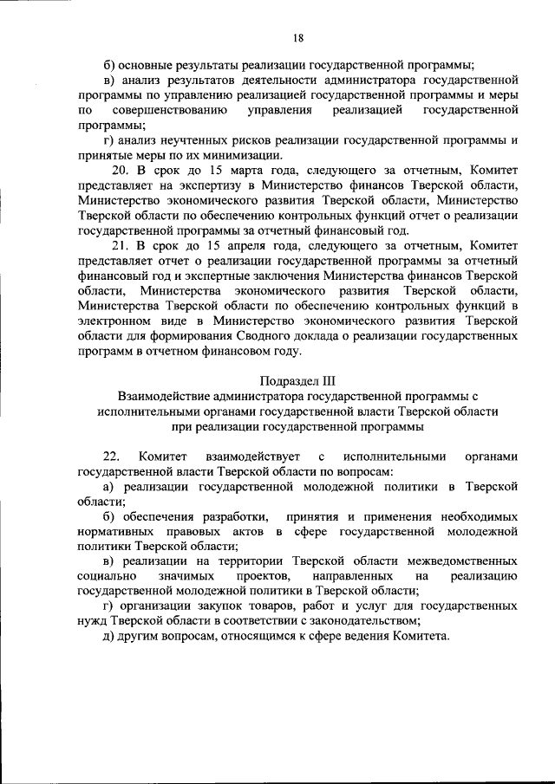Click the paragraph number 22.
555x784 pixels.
tap(111, 457)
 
